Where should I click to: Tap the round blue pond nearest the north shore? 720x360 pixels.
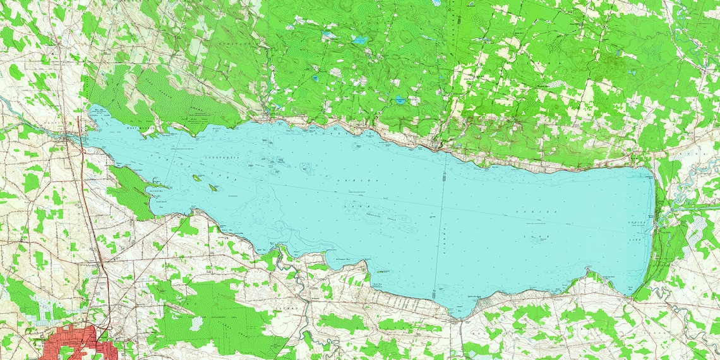[x=400, y=100]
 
